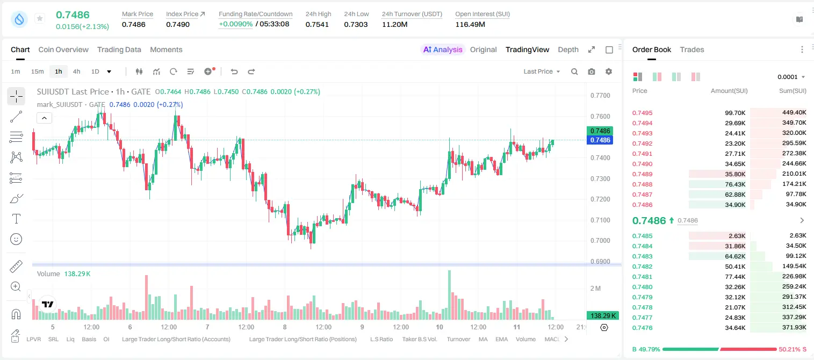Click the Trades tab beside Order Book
pyautogui.click(x=691, y=49)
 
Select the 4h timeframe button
pyautogui.click(x=76, y=71)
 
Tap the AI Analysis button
pyautogui.click(x=443, y=49)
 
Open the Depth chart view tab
pyautogui.click(x=568, y=49)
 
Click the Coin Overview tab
pyautogui.click(x=63, y=49)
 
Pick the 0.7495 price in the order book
pyautogui.click(x=642, y=113)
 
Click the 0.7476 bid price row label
pyautogui.click(x=642, y=328)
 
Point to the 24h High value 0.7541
pyautogui.click(x=317, y=24)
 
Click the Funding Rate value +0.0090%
pyautogui.click(x=235, y=24)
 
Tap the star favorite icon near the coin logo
pyautogui.click(x=40, y=18)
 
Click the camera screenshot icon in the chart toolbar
pyautogui.click(x=592, y=71)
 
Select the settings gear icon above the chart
pyautogui.click(x=609, y=71)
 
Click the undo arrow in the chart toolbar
pyautogui.click(x=234, y=71)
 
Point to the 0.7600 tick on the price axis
pyautogui.click(x=600, y=116)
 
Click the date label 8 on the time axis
pyautogui.click(x=285, y=327)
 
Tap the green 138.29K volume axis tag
pyautogui.click(x=602, y=316)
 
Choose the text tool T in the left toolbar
pyautogui.click(x=16, y=219)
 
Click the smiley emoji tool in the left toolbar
pyautogui.click(x=16, y=239)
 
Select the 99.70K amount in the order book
pyautogui.click(x=735, y=113)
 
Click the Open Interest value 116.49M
pyautogui.click(x=470, y=24)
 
